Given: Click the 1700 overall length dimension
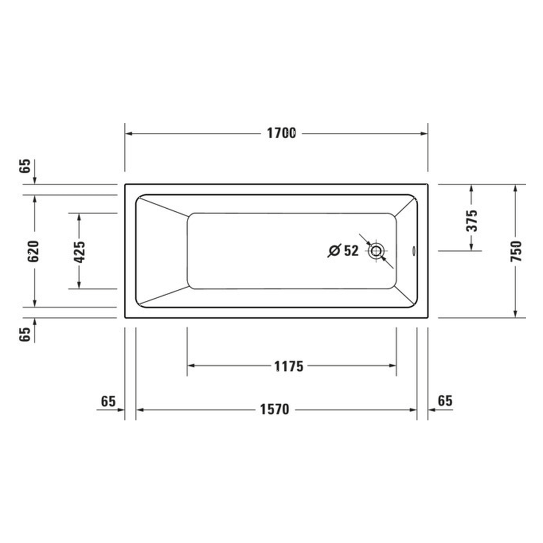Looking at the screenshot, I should tap(281, 133).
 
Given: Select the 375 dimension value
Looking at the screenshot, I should tap(472, 220).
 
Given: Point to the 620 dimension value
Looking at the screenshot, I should tap(34, 251).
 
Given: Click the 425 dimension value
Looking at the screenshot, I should tap(79, 251).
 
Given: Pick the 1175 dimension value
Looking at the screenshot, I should tap(289, 366).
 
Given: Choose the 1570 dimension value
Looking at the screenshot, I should tap(274, 409).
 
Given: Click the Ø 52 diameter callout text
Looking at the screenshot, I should tap(344, 251).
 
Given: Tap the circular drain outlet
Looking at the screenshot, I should tap(376, 251).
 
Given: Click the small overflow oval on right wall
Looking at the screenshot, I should tap(413, 251).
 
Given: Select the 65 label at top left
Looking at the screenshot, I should tap(25, 166).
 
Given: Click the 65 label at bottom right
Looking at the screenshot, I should tap(445, 400).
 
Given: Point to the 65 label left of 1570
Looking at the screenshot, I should tap(108, 401).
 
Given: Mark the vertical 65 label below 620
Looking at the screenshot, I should tap(25, 334).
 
